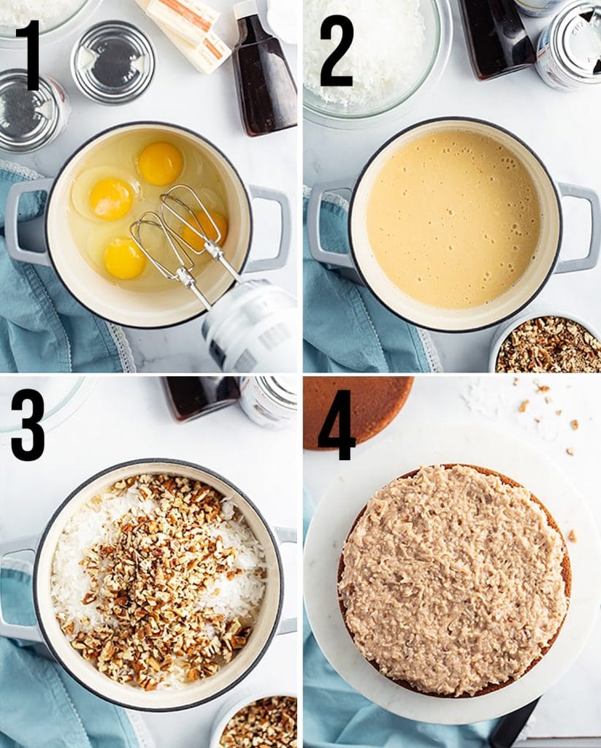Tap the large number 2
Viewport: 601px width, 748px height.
[x=336, y=51]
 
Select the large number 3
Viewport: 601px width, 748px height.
[x=28, y=424]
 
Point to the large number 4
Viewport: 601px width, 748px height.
[x=336, y=424]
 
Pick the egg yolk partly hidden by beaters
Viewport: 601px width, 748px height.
[x=205, y=228]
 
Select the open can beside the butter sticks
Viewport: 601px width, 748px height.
[x=112, y=61]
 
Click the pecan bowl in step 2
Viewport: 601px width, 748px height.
[x=548, y=346]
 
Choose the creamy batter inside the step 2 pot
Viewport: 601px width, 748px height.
[x=453, y=219]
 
